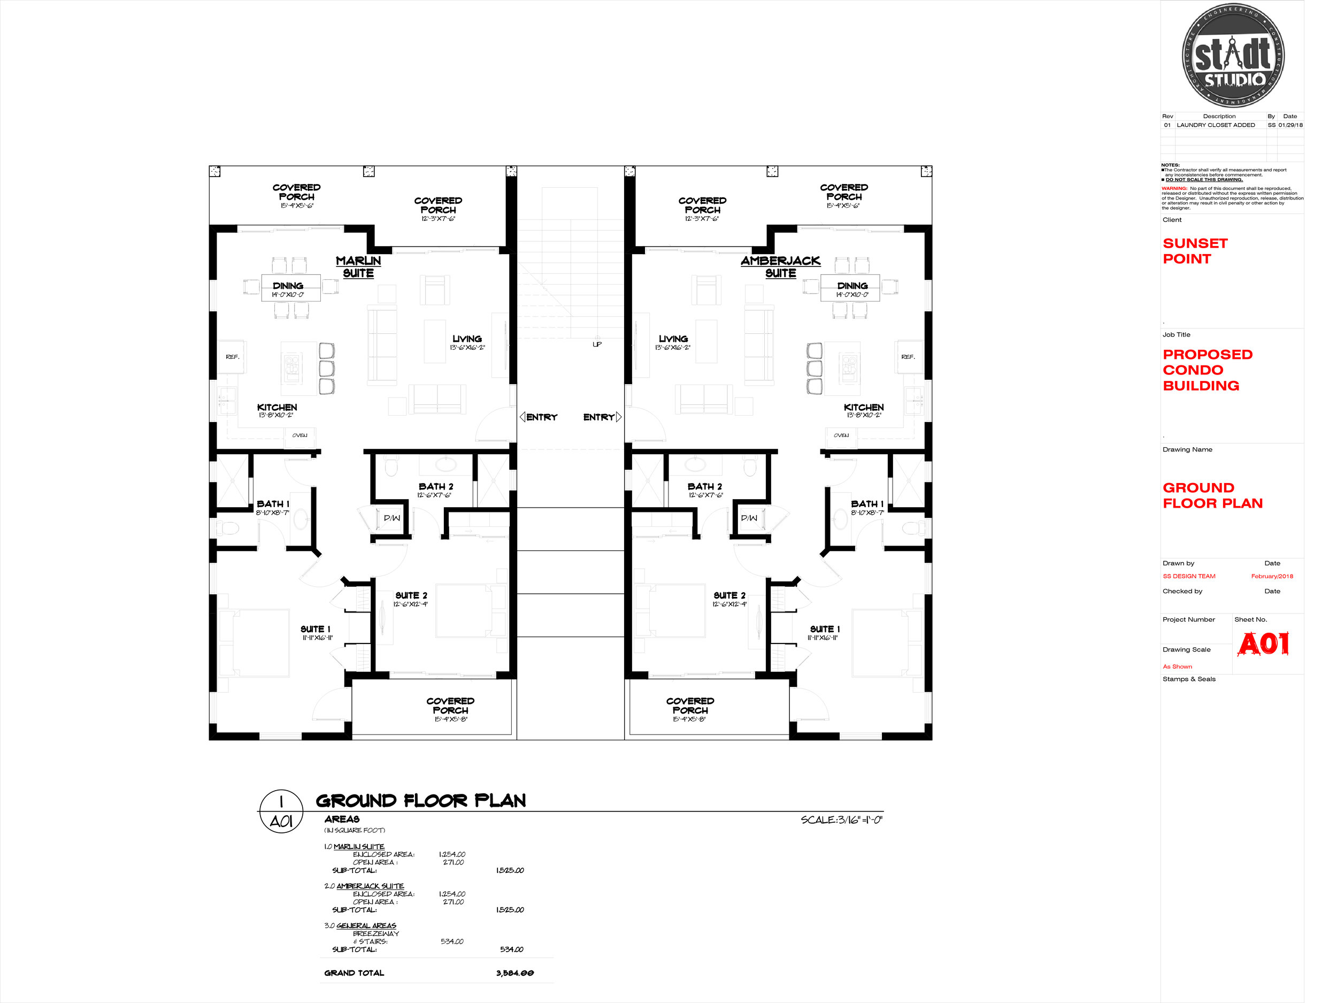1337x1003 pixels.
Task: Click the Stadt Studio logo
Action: (1233, 56)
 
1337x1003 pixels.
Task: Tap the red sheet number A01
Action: (1263, 644)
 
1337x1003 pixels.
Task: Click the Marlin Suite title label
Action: (358, 266)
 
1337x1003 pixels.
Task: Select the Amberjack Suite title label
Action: (780, 266)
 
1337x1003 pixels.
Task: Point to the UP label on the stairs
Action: (597, 344)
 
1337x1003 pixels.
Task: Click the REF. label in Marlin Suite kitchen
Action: (233, 357)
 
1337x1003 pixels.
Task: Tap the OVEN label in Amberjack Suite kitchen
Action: (841, 435)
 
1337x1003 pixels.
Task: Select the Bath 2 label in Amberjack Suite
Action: (705, 487)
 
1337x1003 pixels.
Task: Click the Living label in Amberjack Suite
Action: (673, 339)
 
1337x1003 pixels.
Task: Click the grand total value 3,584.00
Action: (515, 973)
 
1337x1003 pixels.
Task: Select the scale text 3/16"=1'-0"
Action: (841, 820)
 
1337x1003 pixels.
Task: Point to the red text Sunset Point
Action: (1195, 251)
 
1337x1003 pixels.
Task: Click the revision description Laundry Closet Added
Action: (1216, 125)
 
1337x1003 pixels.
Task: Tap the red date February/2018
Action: (1272, 576)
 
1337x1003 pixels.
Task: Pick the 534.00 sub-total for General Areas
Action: (511, 949)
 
